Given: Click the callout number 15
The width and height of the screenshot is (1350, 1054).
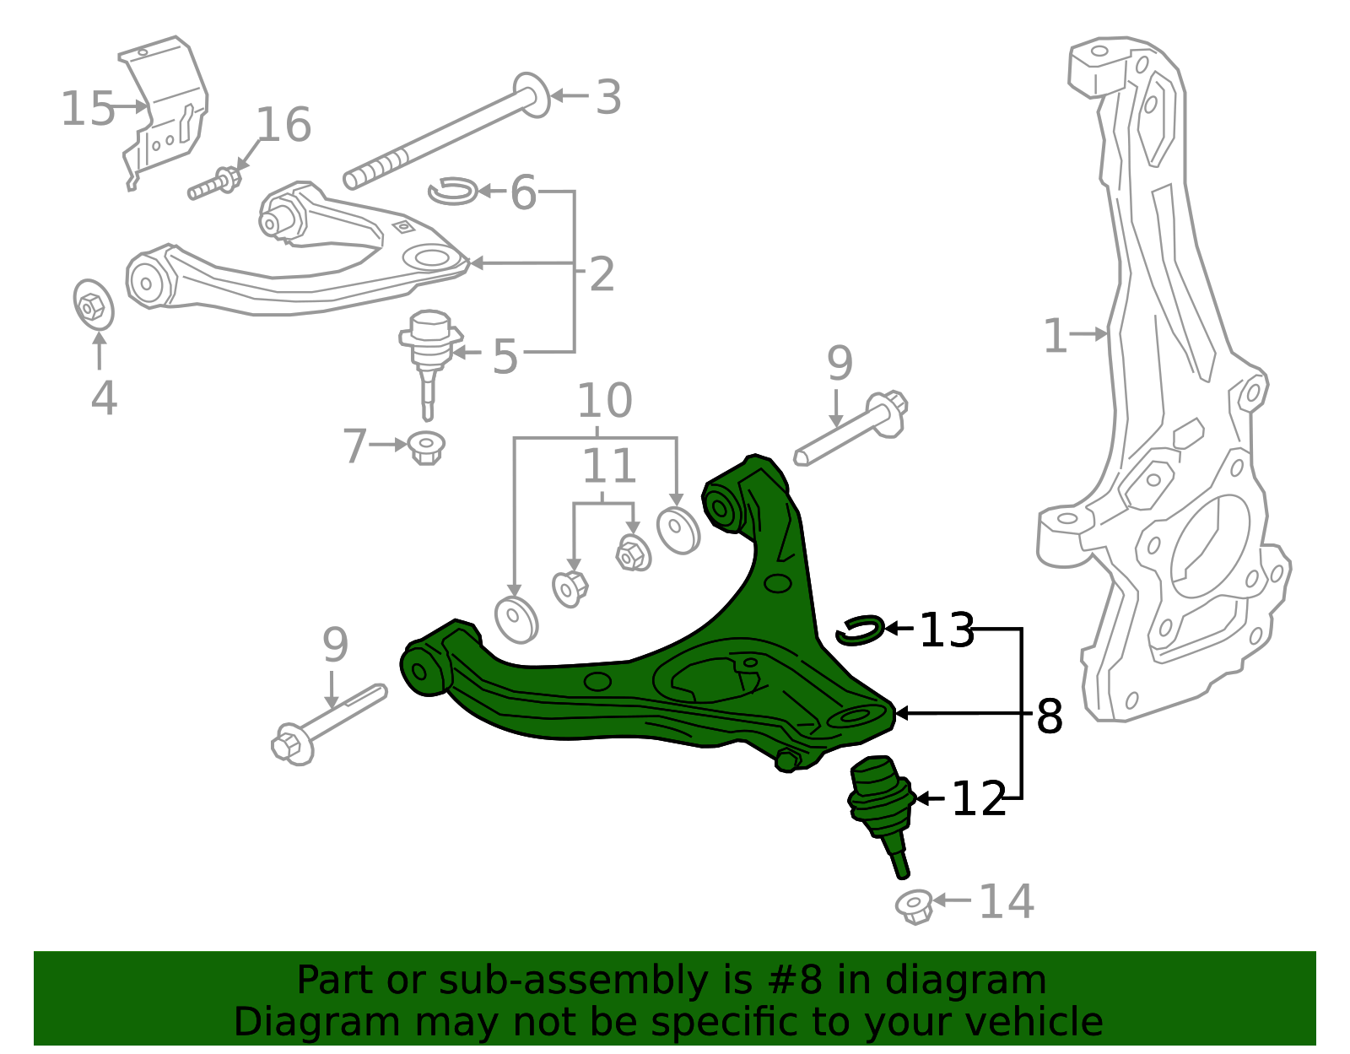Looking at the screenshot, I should pos(87,110).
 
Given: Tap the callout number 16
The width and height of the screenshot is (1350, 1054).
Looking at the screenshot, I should pos(283,126).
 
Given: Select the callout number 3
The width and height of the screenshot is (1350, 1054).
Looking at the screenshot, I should pos(608,98).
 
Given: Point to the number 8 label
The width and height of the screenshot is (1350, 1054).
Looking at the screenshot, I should pos(1049,717).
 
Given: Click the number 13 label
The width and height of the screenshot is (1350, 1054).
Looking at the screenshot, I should pos(946,630).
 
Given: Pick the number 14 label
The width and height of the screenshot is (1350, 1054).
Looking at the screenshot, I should pos(1006,902).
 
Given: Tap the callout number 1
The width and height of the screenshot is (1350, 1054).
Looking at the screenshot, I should pos(1056,337).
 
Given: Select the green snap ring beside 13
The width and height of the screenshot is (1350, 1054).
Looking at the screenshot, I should pos(860,630).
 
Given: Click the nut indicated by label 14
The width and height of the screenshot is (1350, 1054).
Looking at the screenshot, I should pos(915,905).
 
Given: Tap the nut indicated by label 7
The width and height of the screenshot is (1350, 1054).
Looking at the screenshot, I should pos(427,446).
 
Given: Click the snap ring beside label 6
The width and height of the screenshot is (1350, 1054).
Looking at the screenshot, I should pos(453,192).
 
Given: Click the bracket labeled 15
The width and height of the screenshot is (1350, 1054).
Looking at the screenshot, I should pos(165,110).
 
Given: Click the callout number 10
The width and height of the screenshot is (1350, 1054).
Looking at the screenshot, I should pos(604,402).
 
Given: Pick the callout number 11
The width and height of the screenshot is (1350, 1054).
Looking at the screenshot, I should pos(609,467).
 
